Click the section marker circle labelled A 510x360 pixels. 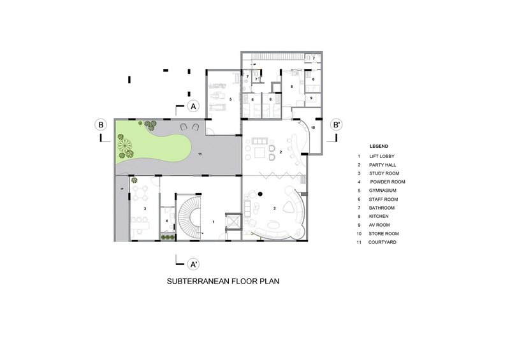click(193, 106)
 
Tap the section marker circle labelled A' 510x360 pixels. click(193, 264)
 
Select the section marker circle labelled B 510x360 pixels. click(101, 125)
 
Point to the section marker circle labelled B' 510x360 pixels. click(337, 125)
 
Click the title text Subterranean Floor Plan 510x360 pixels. click(223, 281)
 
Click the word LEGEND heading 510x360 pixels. click(379, 147)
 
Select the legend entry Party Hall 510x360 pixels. click(382, 165)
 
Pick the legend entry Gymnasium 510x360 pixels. click(382, 191)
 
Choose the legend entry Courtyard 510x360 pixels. click(382, 242)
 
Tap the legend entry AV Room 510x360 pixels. click(379, 225)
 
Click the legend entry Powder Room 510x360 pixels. click(388, 182)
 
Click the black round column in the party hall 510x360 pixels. click(260, 194)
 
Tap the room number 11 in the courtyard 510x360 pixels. click(200, 154)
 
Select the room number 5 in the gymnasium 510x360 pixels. click(231, 99)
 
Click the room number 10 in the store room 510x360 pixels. click(313, 128)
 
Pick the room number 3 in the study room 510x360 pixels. click(145, 208)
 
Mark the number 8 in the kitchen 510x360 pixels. click(292, 87)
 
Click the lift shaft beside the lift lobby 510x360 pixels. click(233, 222)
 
